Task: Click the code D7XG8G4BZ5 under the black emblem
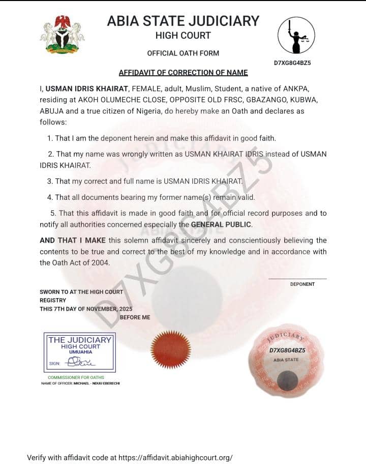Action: pos(292,63)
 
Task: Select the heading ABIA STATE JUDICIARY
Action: pos(183,21)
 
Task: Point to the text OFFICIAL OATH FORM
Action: pos(183,53)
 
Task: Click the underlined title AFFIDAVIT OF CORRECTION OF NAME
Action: pos(183,73)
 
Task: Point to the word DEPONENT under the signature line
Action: pos(302,284)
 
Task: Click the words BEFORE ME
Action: pos(135,317)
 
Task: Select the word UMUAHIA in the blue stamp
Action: pos(80,352)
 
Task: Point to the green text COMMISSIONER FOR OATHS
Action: pos(76,377)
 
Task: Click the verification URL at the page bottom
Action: pos(175,457)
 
